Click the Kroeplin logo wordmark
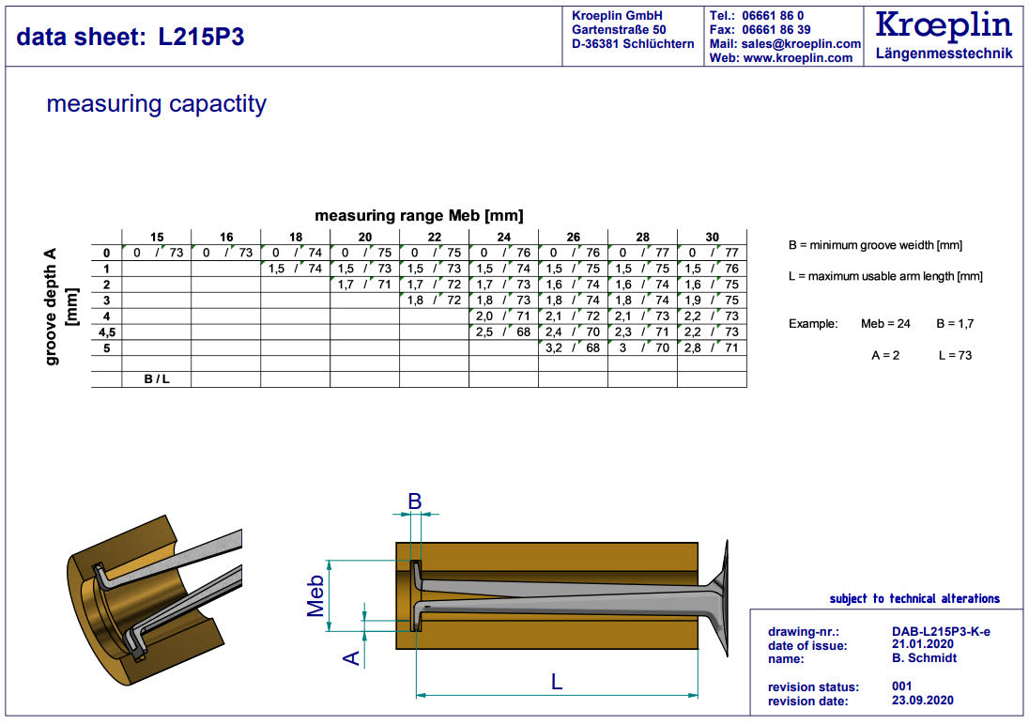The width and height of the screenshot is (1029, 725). tap(944, 25)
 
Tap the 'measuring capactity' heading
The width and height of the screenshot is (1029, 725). tap(156, 103)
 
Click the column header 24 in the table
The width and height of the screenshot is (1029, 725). tap(503, 237)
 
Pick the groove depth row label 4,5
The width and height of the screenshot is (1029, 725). tap(106, 332)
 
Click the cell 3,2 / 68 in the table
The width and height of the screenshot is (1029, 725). tap(573, 347)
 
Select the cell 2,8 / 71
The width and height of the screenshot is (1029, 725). tap(712, 347)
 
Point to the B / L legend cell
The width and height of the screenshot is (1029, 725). tap(156, 378)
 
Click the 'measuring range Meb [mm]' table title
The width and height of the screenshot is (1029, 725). tap(419, 215)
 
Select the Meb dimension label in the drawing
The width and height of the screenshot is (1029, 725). tap(317, 596)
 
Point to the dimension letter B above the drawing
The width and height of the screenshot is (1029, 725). tap(415, 501)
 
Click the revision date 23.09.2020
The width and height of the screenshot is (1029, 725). tap(922, 701)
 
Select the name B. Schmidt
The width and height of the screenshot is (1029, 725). tap(924, 658)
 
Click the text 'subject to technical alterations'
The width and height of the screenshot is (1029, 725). tap(914, 598)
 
